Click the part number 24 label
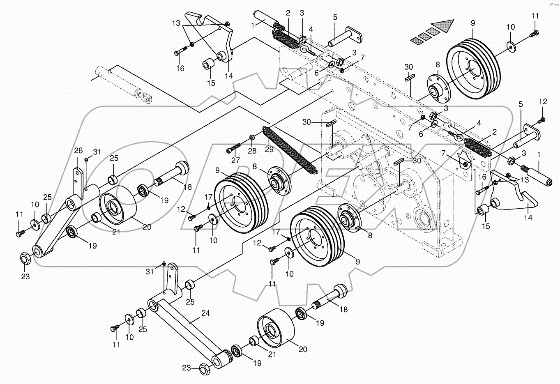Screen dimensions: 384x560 (x=205, y=313)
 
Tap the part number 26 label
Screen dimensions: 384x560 (x=78, y=151)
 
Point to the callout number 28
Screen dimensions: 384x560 (x=252, y=151)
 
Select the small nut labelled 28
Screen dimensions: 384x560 (x=252, y=138)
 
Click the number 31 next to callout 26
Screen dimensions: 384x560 (x=97, y=152)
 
